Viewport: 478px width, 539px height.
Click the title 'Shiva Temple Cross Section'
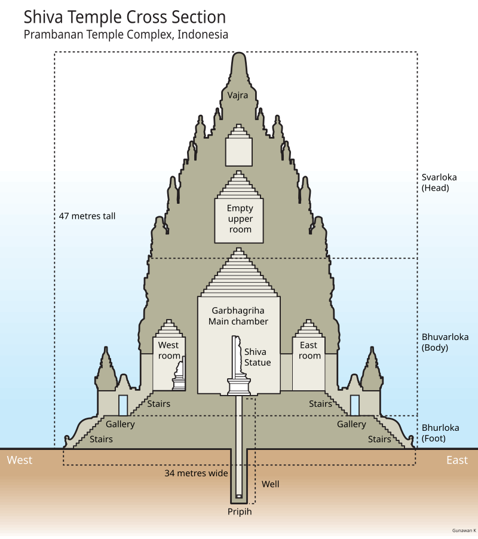pyautogui.click(x=125, y=17)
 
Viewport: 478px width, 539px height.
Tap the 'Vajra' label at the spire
pyautogui.click(x=238, y=94)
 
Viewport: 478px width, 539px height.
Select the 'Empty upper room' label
pyautogui.click(x=240, y=219)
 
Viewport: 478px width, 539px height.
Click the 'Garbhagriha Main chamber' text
pyautogui.click(x=238, y=316)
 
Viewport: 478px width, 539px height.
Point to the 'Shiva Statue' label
pyautogui.click(x=258, y=357)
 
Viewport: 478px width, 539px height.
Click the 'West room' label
pyautogui.click(x=168, y=350)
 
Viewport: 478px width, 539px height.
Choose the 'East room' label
pyautogui.click(x=310, y=350)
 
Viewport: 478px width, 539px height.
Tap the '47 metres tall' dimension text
pyautogui.click(x=87, y=216)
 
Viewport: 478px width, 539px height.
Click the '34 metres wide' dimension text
pyautogui.click(x=197, y=473)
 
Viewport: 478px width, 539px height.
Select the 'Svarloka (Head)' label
pyautogui.click(x=435, y=182)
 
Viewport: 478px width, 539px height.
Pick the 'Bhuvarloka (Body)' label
pyautogui.click(x=435, y=341)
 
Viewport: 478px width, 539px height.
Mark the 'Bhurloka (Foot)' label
pyautogui.click(x=440, y=433)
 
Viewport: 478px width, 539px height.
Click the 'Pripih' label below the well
pyautogui.click(x=239, y=512)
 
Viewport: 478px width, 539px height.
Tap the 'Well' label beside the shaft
pyautogui.click(x=270, y=483)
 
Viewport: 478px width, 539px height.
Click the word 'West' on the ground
pyautogui.click(x=20, y=460)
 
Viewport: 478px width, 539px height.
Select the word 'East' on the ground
pyautogui.click(x=457, y=460)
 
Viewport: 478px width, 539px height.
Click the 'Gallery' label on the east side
pyautogui.click(x=351, y=424)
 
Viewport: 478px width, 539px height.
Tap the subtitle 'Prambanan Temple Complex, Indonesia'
pyautogui.click(x=126, y=35)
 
